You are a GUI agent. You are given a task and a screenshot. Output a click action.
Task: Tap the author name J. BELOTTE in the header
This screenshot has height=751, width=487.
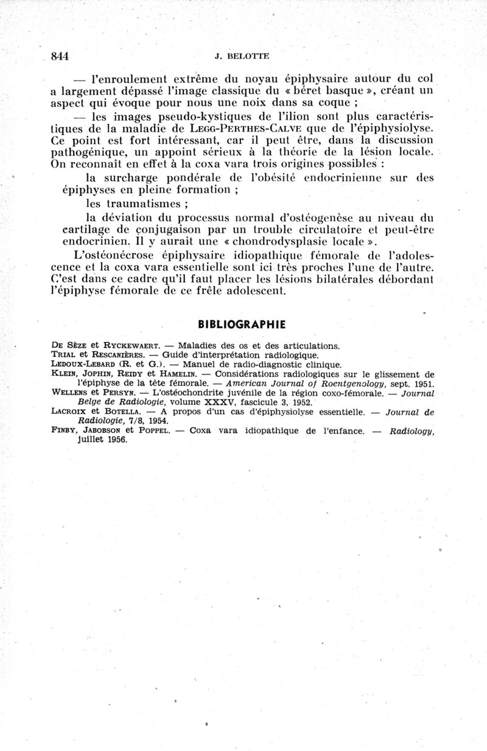tap(242, 56)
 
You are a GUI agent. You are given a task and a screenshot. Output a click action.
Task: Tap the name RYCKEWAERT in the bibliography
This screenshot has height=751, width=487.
tap(128, 345)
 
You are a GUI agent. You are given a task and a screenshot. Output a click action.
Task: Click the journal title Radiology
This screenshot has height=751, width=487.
tap(412, 431)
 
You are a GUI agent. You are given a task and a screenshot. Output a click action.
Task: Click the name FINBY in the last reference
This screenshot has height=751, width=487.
tap(62, 431)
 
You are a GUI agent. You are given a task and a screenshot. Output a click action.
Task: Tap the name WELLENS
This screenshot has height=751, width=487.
tap(69, 393)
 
